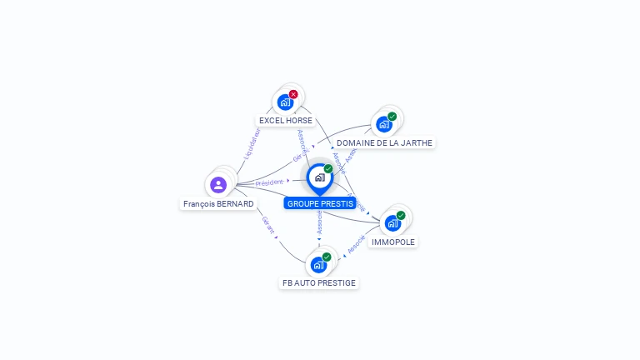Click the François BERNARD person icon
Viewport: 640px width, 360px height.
point(218,184)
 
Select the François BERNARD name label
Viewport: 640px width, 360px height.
point(218,203)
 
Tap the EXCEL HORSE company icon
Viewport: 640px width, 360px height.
point(285,102)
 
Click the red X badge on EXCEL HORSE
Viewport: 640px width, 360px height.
point(293,94)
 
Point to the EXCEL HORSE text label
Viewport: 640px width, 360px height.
point(286,120)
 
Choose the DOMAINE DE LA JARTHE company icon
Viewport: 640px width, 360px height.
point(383,124)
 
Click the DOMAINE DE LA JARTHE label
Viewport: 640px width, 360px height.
point(384,142)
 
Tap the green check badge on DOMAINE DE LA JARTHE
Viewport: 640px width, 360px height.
point(392,117)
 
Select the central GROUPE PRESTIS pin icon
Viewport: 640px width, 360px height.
point(319,177)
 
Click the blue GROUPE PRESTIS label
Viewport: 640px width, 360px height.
point(320,203)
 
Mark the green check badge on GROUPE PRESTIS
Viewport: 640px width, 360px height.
point(328,169)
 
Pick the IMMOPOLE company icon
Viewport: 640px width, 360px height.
point(392,223)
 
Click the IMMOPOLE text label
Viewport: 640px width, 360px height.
point(393,242)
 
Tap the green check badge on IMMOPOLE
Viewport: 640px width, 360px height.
point(401,215)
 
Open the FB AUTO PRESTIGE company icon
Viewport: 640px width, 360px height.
point(318,265)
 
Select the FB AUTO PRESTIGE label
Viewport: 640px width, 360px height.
point(319,282)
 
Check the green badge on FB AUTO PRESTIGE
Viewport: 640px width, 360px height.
point(327,257)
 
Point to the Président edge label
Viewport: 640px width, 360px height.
point(269,182)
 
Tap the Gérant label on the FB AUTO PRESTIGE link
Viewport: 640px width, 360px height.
point(267,225)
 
